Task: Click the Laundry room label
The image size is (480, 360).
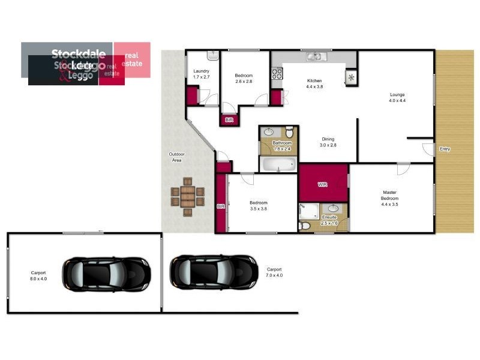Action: pyautogui.click(x=201, y=74)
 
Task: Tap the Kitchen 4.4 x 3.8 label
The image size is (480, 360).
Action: pyautogui.click(x=314, y=83)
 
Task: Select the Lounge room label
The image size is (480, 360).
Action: pyautogui.click(x=397, y=97)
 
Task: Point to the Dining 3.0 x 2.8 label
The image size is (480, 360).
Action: pyautogui.click(x=328, y=141)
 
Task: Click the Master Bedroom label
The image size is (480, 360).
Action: pyautogui.click(x=389, y=199)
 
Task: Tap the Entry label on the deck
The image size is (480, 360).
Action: pyautogui.click(x=445, y=149)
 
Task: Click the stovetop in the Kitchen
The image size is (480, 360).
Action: pyautogui.click(x=277, y=74)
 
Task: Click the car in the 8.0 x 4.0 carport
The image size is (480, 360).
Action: pyautogui.click(x=106, y=274)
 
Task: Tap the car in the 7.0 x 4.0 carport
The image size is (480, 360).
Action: pyautogui.click(x=214, y=272)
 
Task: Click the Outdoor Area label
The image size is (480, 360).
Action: pyautogui.click(x=176, y=157)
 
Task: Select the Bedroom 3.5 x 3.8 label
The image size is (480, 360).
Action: pyautogui.click(x=258, y=206)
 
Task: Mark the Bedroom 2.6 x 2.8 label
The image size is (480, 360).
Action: pyautogui.click(x=244, y=78)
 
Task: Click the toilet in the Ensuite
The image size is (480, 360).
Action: pyautogui.click(x=305, y=226)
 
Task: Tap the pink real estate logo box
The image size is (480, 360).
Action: pyautogui.click(x=132, y=60)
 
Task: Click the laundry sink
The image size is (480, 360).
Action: pyautogui.click(x=213, y=55)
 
